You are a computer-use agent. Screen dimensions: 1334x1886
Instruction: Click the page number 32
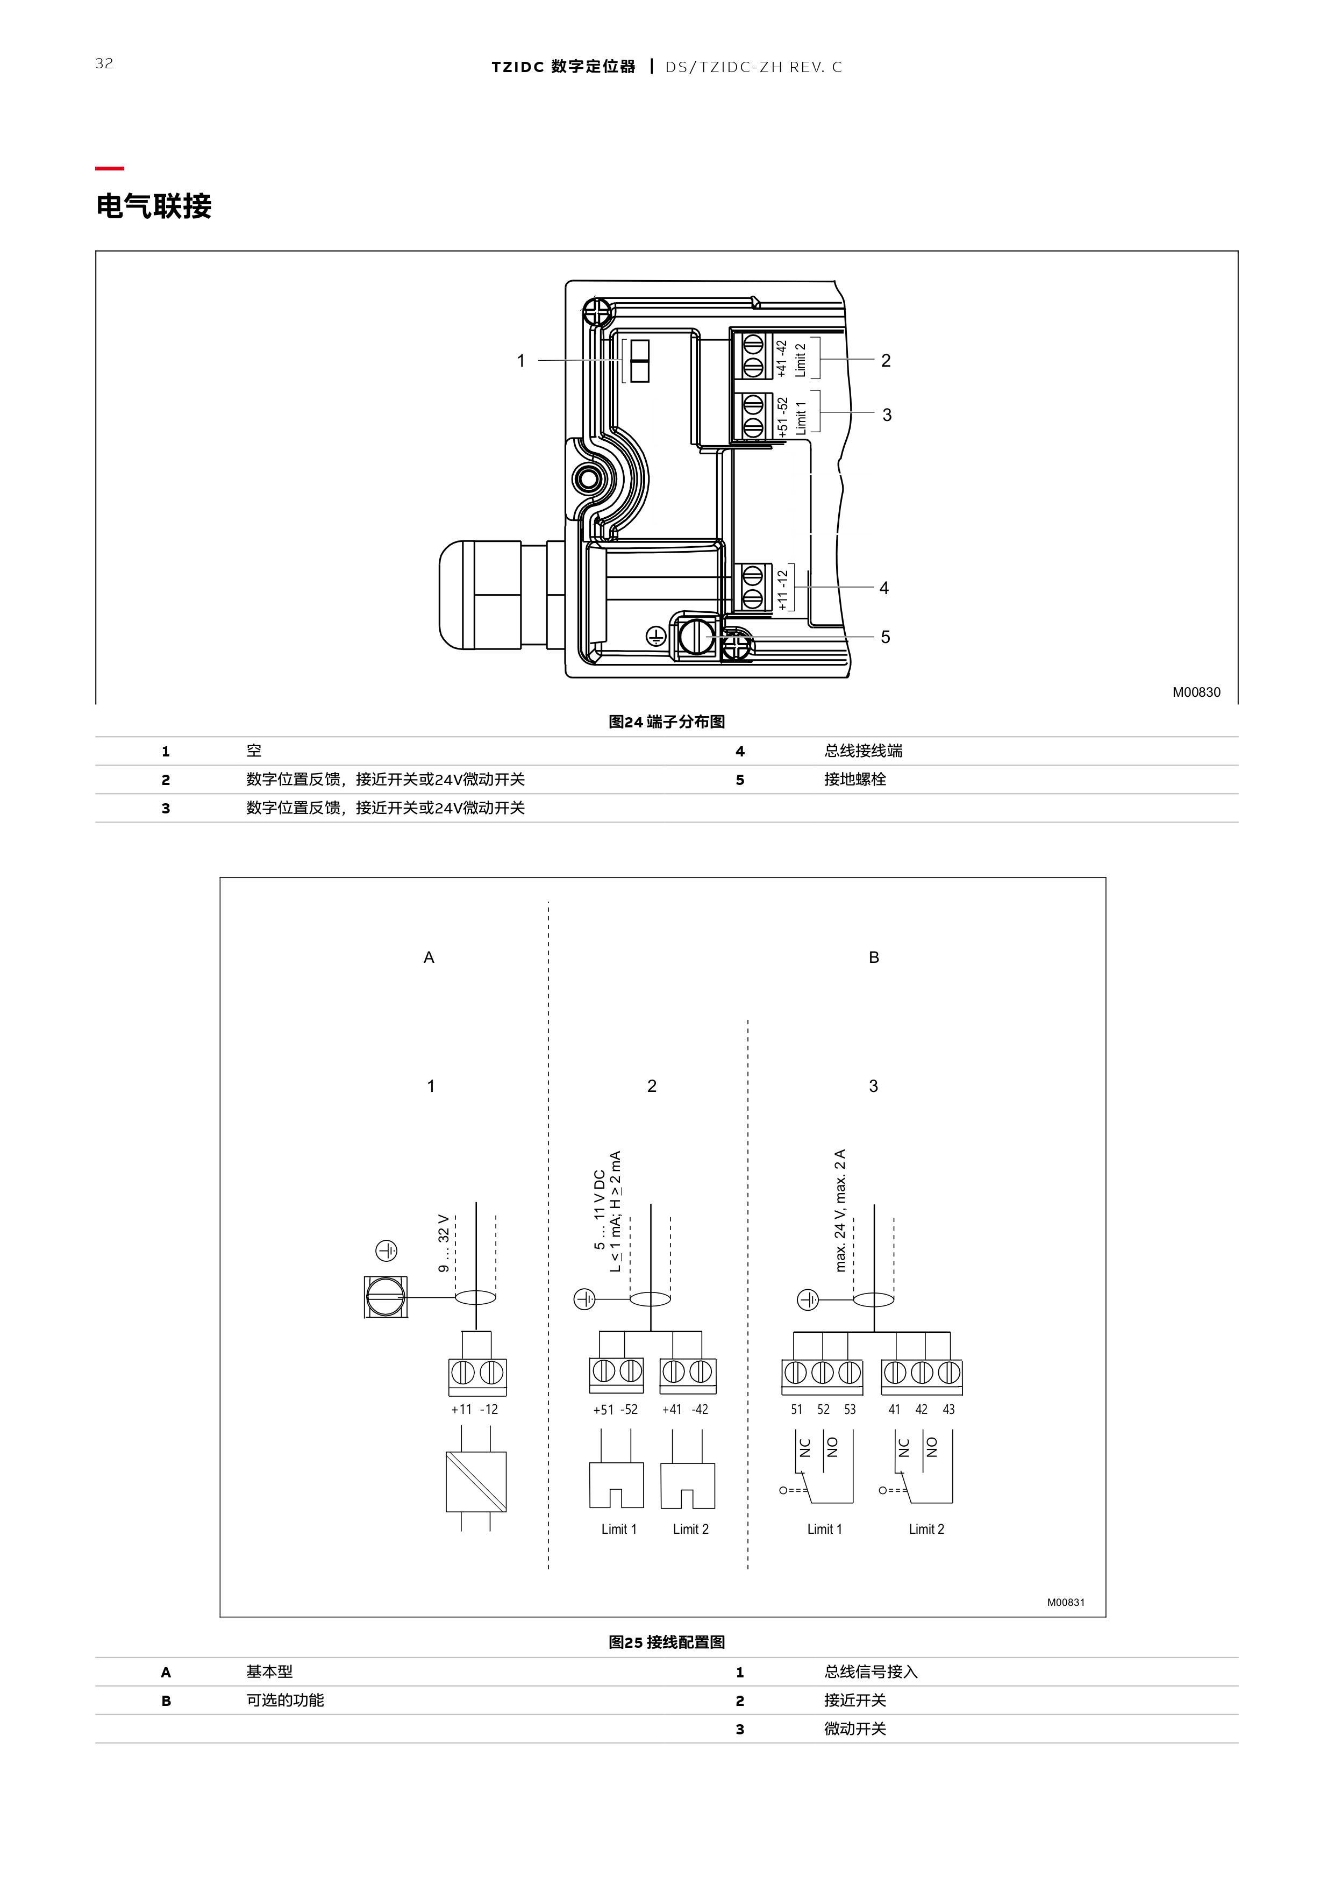(x=104, y=63)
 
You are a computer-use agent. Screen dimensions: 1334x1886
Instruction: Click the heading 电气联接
(x=154, y=206)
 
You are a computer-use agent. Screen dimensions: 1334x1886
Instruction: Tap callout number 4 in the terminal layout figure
(x=884, y=588)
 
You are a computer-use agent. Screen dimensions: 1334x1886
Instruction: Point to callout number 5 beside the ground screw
(x=886, y=638)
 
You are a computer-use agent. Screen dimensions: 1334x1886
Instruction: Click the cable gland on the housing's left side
(x=481, y=594)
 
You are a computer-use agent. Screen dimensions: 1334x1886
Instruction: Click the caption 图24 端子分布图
(x=666, y=722)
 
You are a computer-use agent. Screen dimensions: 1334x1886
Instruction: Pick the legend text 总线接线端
(x=864, y=751)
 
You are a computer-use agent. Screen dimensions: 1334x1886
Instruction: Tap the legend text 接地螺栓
(x=855, y=780)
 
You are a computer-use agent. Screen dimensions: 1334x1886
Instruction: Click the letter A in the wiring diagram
(x=429, y=958)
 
